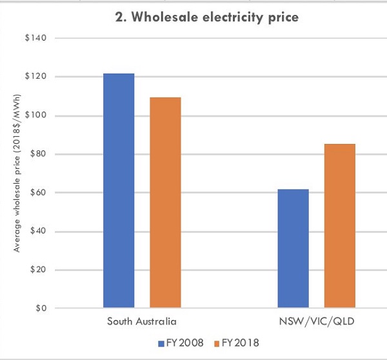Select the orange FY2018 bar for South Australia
(x=165, y=203)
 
